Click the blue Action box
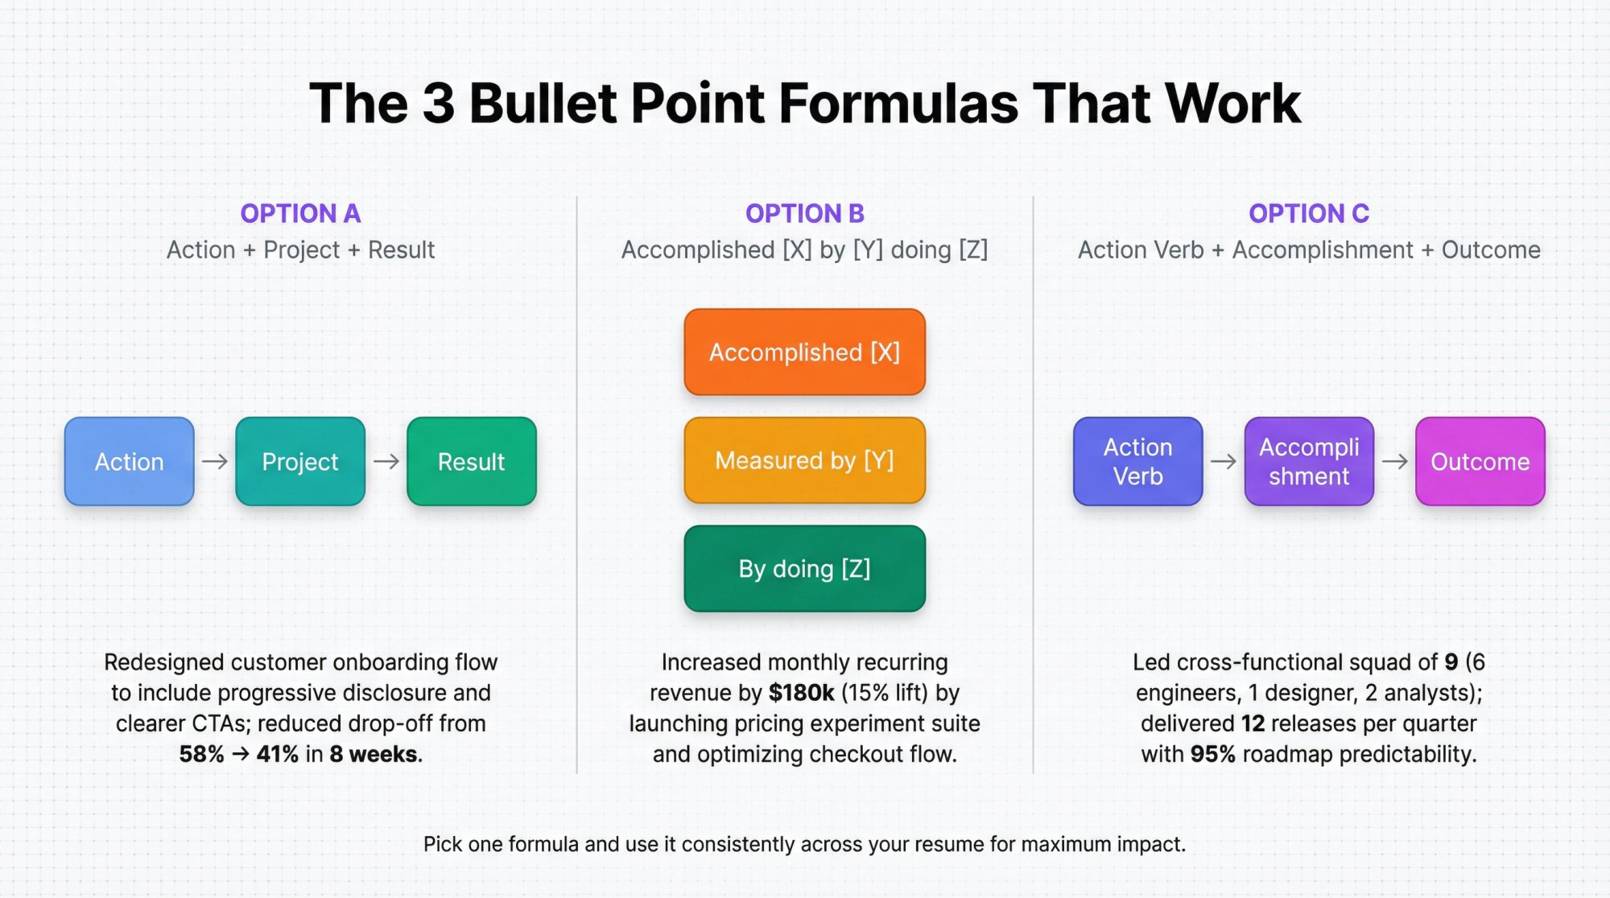point(129,461)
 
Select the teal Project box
point(300,461)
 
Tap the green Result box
point(472,461)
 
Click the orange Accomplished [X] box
point(804,352)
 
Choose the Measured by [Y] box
point(804,460)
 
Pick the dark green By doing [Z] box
point(804,569)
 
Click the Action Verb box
point(1137,461)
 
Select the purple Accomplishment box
point(1309,461)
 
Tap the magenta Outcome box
point(1480,461)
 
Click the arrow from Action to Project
point(215,461)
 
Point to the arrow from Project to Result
point(386,461)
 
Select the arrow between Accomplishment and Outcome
point(1394,461)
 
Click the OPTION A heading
point(300,213)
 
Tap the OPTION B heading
point(804,213)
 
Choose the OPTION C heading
point(1309,213)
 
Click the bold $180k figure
point(801,693)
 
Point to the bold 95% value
point(1212,754)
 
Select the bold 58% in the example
point(201,754)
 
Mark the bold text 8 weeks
point(374,754)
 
